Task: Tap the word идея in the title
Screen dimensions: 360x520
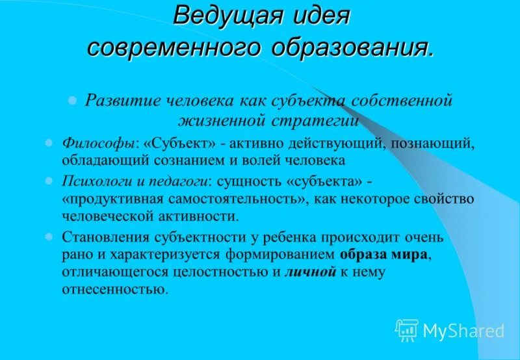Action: click(319, 16)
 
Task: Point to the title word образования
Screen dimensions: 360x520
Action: click(352, 47)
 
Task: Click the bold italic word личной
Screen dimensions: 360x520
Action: click(310, 272)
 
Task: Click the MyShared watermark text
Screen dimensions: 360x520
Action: click(463, 331)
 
